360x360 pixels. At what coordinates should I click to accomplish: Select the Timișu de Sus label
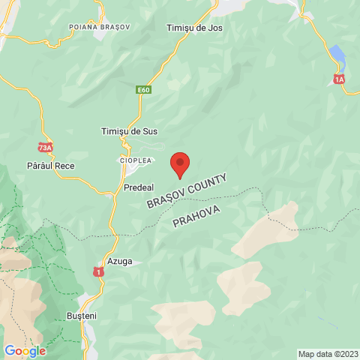tap(129, 131)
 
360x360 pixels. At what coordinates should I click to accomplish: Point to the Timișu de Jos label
tap(193, 28)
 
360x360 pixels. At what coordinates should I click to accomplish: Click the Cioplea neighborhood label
tap(135, 160)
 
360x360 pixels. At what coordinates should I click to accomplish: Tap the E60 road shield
tap(143, 90)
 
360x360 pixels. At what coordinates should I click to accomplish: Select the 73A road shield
tap(45, 147)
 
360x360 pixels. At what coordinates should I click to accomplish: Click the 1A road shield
tap(340, 78)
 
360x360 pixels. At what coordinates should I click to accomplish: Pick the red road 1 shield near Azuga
tap(97, 271)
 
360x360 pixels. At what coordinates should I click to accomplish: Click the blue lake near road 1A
tap(337, 55)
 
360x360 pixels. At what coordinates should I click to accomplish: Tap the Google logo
tap(25, 350)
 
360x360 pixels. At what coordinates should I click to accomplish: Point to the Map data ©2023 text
tap(327, 354)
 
